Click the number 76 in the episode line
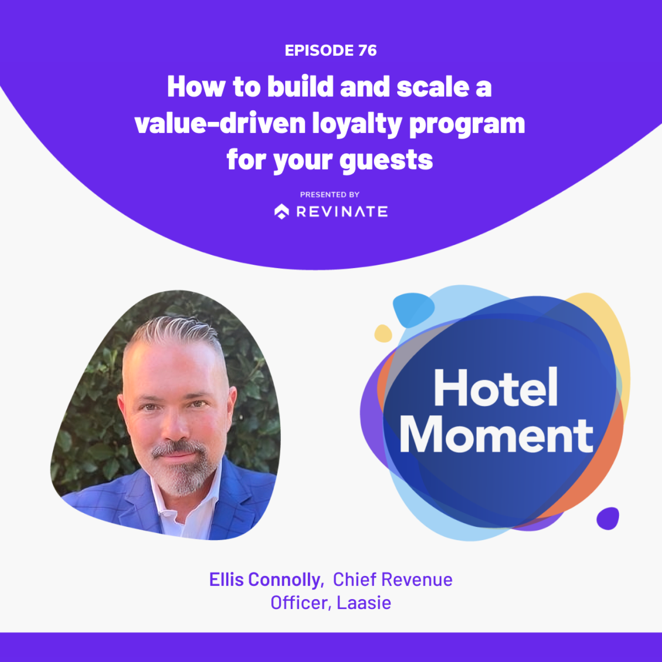[367, 51]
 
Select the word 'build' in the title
[301, 87]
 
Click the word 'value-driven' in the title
[220, 124]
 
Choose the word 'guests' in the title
[386, 161]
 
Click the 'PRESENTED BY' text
[330, 195]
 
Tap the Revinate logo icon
[282, 212]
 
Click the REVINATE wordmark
[342, 212]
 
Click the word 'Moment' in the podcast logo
[497, 436]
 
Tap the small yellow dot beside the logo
[383, 333]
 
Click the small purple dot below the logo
[608, 518]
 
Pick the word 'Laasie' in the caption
[364, 603]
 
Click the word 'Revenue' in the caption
[417, 580]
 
